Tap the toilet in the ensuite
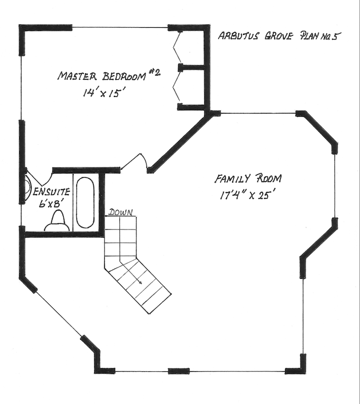click(57, 221)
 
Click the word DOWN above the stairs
click(121, 212)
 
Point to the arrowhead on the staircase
click(140, 283)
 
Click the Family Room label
click(248, 178)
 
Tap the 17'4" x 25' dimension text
click(245, 195)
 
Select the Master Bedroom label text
click(102, 76)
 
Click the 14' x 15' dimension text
click(102, 93)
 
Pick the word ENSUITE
click(52, 192)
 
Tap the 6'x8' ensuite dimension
click(50, 203)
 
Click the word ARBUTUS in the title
click(238, 36)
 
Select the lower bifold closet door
click(177, 87)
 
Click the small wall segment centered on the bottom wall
click(179, 371)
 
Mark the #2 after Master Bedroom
click(154, 72)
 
